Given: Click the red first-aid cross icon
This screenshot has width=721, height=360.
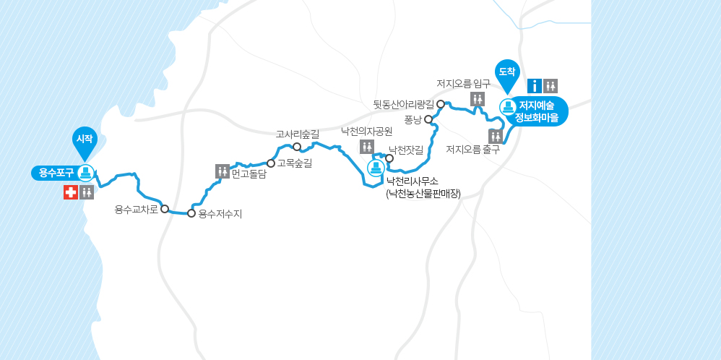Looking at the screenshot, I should tap(70, 192).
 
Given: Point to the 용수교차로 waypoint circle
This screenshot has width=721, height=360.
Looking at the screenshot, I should tap(165, 209).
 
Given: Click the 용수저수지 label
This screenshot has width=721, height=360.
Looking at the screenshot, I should tap(220, 214).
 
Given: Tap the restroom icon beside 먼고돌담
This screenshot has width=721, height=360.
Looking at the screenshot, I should tap(222, 171).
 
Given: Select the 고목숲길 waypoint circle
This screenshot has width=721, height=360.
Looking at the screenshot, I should tap(271, 163).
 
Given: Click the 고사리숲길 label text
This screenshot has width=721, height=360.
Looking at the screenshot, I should tap(297, 134).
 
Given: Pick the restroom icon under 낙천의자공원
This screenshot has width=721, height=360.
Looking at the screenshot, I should tap(366, 147).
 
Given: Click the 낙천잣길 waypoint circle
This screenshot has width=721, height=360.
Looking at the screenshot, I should tap(389, 158).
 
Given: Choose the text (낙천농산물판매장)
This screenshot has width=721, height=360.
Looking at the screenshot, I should tap(423, 193).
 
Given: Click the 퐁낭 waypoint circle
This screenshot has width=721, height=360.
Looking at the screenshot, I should tap(428, 119).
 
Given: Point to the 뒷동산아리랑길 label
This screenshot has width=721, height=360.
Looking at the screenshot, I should tap(403, 104).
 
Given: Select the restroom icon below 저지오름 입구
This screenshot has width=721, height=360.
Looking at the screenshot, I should tap(478, 99).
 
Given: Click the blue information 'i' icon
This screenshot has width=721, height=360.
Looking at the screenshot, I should tap(535, 86).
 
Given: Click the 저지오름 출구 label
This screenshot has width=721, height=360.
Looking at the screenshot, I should tap(472, 150).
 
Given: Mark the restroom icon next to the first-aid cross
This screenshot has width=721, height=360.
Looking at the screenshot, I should tap(87, 192).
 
